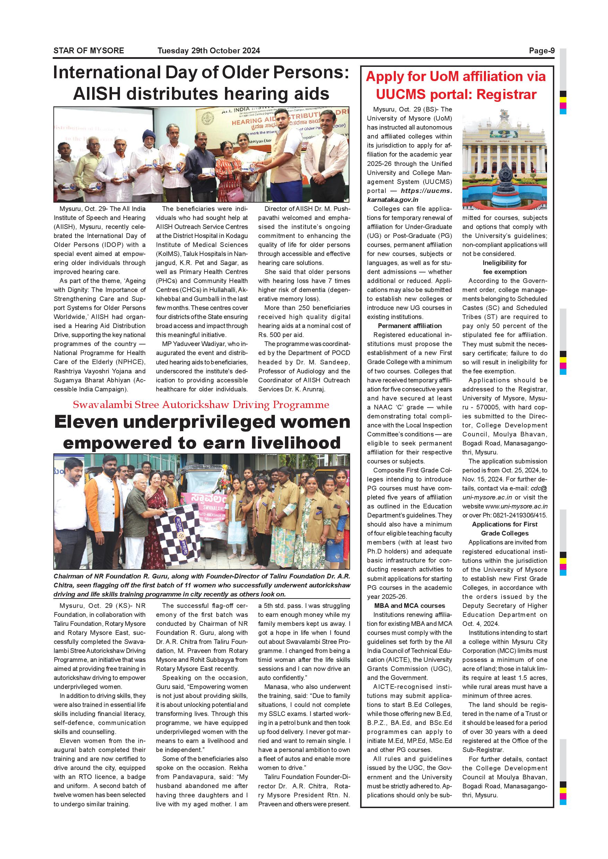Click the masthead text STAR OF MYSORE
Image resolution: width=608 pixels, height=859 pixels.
click(88, 51)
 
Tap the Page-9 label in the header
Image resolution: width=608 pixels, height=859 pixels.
click(541, 51)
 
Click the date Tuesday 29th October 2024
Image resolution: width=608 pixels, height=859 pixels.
click(209, 51)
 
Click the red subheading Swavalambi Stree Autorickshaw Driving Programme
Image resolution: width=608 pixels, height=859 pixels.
click(201, 405)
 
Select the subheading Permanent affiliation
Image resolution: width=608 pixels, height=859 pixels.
click(410, 326)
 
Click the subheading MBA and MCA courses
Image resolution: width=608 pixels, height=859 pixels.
click(410, 606)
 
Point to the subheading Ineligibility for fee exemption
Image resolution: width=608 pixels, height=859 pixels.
click(504, 267)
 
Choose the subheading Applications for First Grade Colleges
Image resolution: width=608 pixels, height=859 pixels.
click(504, 529)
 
